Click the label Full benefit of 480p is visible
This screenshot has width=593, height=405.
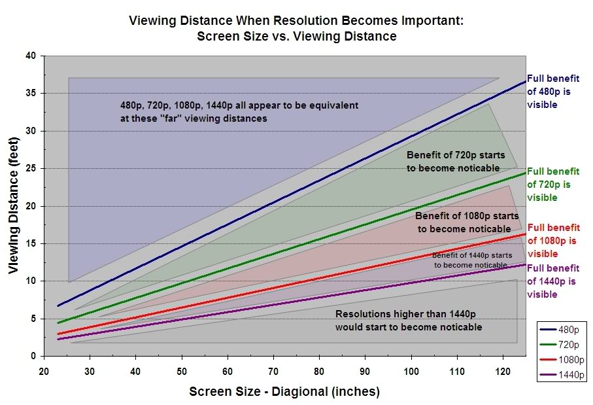[553, 91]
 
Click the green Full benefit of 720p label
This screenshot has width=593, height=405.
[553, 184]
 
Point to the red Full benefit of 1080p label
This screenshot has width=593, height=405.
[553, 241]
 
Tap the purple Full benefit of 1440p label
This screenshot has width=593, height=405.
[553, 281]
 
